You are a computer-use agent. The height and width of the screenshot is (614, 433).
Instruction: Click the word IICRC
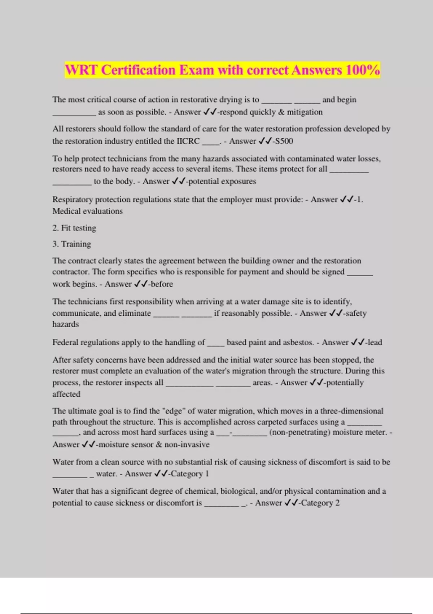(188, 141)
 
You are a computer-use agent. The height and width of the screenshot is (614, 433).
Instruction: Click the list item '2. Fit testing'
(74, 228)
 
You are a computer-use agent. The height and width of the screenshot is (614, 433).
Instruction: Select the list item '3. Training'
(72, 244)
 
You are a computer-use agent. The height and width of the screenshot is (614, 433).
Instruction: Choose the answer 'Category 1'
(190, 474)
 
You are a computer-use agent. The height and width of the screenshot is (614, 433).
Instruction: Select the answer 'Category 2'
(320, 503)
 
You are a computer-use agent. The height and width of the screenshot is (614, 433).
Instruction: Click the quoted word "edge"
(174, 411)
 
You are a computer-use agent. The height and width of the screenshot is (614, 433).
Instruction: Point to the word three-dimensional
(352, 411)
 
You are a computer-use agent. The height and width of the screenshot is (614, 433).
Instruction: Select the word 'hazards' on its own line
(65, 324)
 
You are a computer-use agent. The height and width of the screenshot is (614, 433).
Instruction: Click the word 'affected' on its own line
(66, 394)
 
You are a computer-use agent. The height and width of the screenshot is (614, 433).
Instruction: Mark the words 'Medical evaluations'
(87, 211)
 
